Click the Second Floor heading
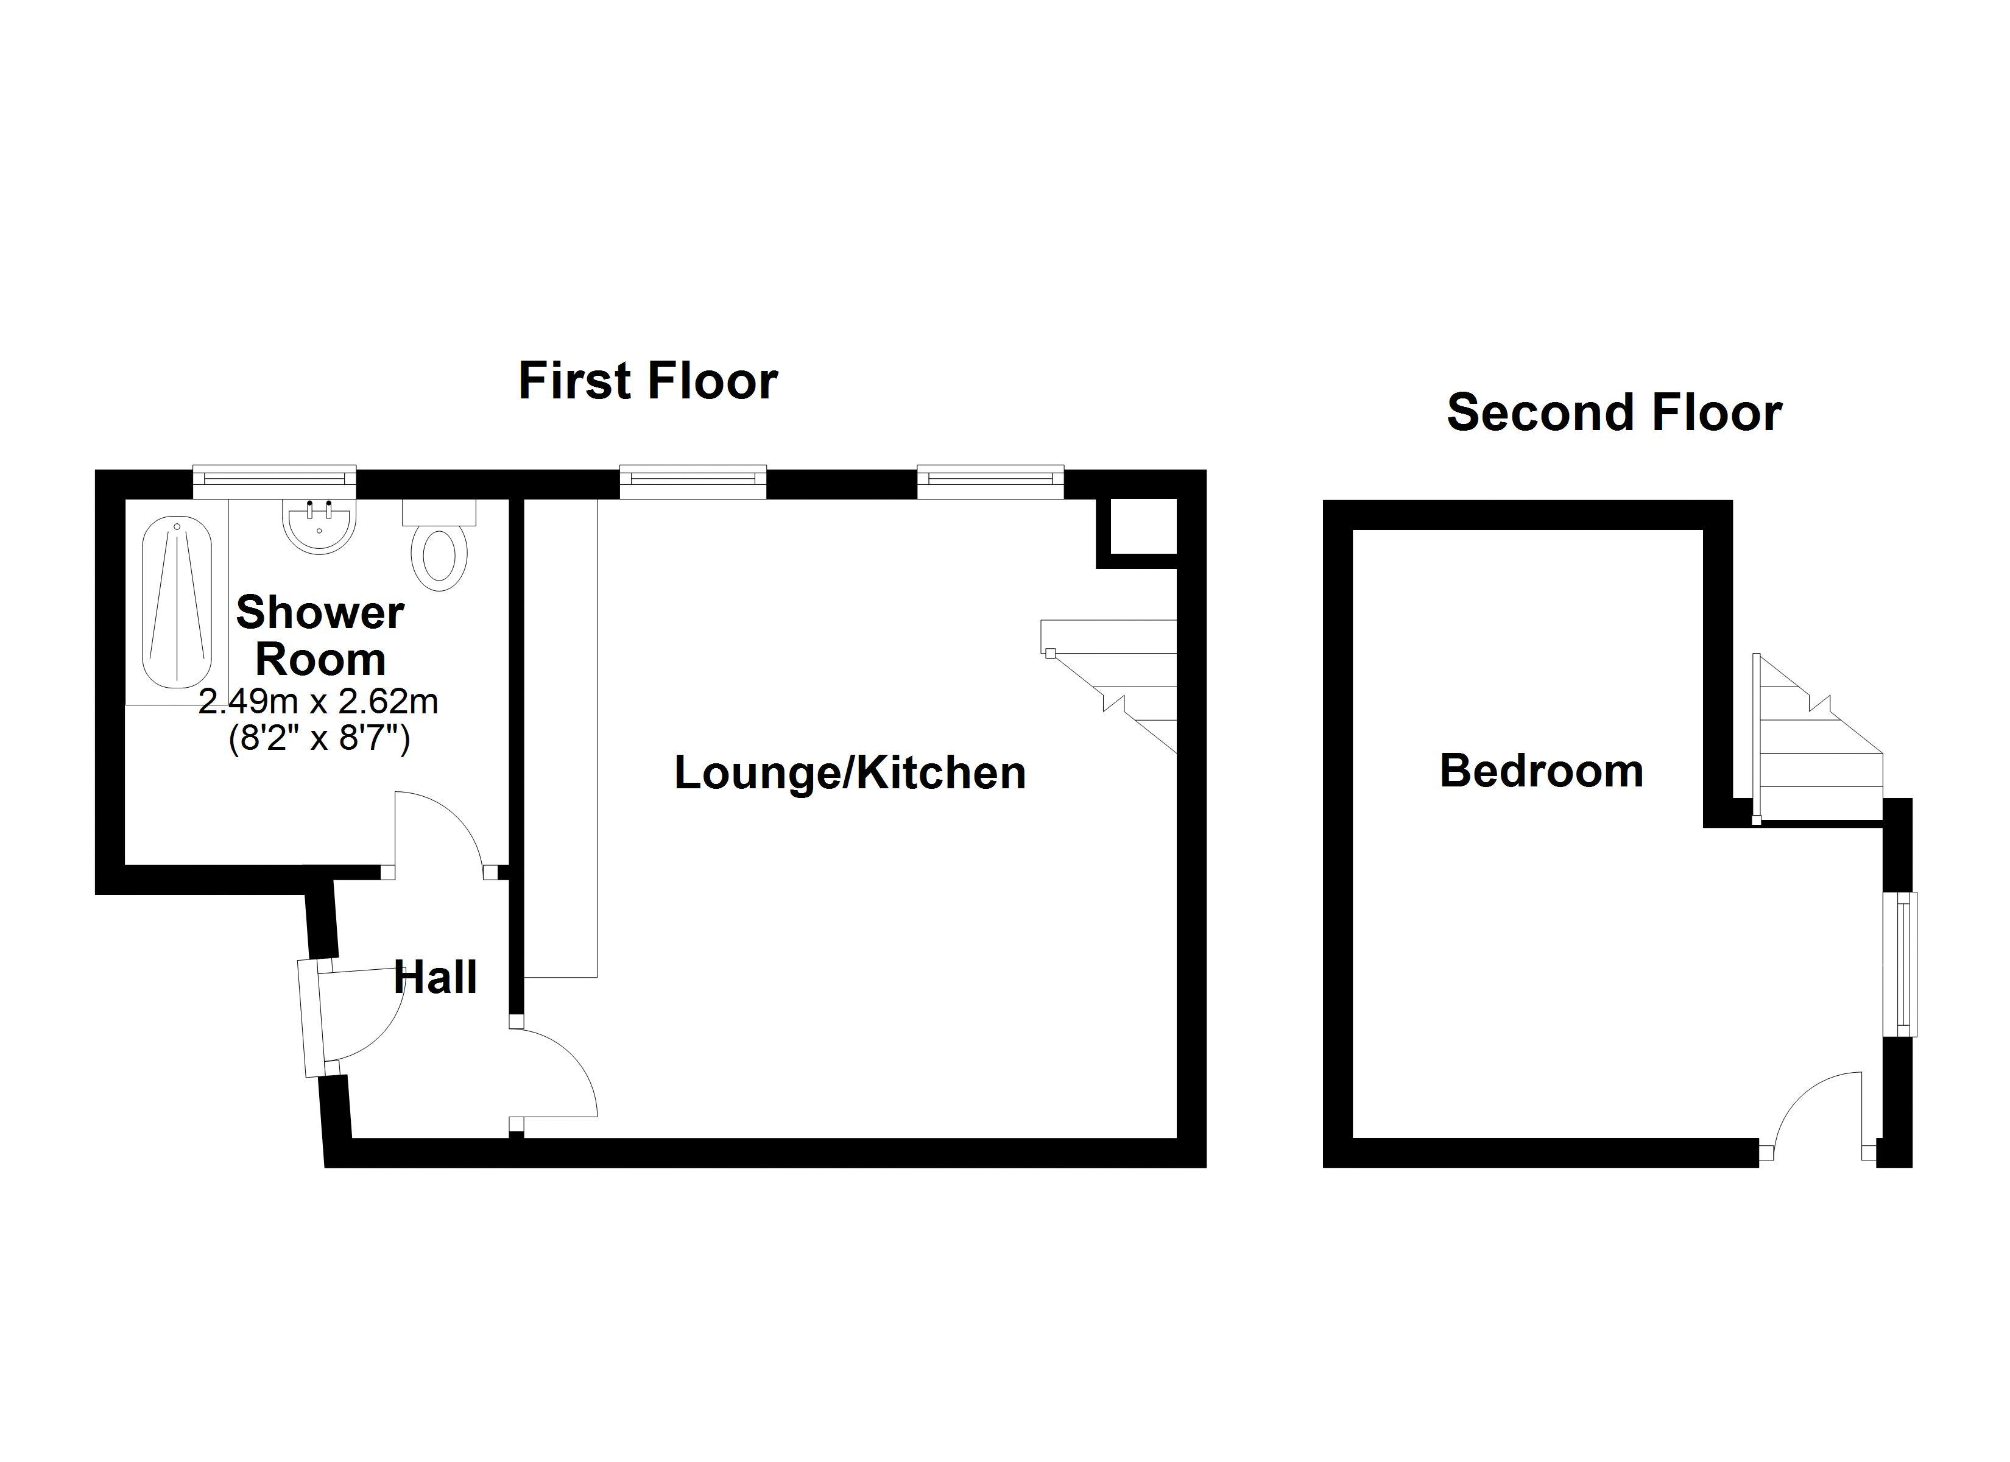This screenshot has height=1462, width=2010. (1614, 413)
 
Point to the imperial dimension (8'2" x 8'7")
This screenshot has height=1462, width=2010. (319, 738)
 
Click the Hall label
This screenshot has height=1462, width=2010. (435, 978)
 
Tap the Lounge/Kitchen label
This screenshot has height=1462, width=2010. (850, 772)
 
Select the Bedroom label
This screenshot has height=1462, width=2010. (1541, 771)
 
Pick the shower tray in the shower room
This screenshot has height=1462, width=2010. (177, 603)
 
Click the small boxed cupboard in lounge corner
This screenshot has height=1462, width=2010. (1138, 529)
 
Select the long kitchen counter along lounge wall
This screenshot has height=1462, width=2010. (561, 736)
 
